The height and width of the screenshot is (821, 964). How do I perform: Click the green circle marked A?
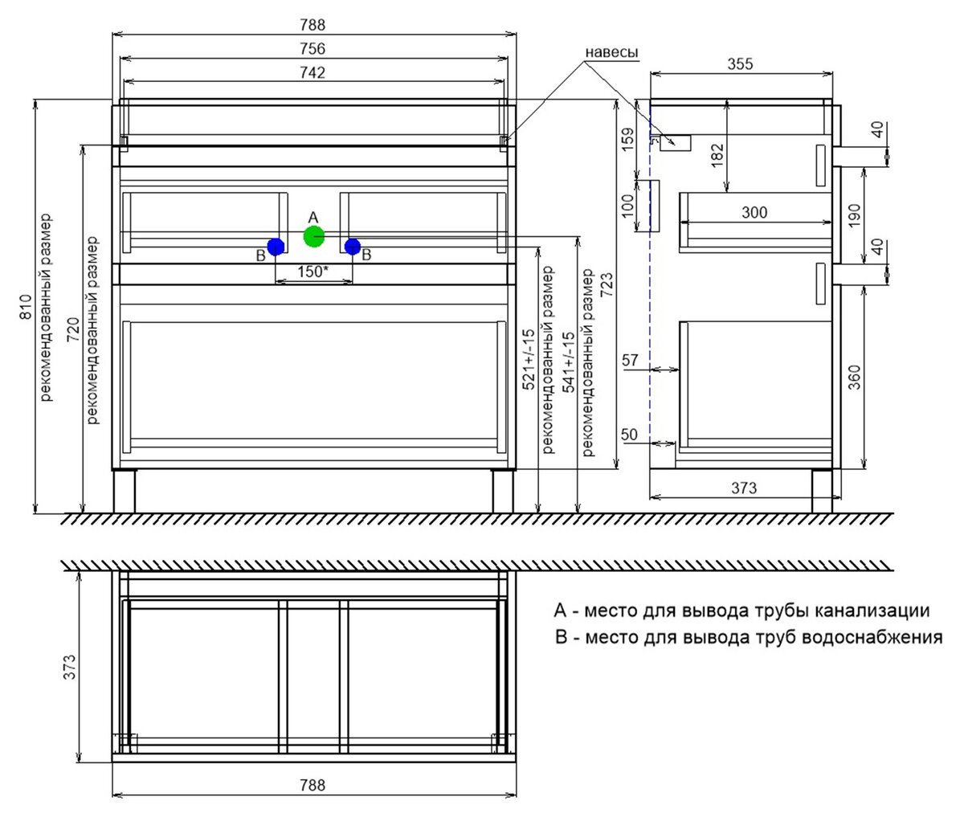click(314, 236)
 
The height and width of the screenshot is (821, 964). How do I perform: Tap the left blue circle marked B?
click(276, 247)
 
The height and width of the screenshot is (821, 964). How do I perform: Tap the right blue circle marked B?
click(353, 247)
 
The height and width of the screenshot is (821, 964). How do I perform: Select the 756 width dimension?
click(312, 48)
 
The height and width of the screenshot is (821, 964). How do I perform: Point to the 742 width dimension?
click(312, 73)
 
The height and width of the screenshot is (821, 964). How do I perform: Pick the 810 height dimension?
click(27, 307)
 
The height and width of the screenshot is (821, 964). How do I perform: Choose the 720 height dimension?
click(74, 329)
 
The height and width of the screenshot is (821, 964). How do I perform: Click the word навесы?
click(611, 52)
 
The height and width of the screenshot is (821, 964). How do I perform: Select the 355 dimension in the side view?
click(740, 64)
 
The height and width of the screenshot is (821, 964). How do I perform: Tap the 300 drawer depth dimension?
click(754, 212)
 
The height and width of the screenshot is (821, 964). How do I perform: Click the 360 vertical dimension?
click(855, 378)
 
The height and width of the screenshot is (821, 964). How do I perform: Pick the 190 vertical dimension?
click(855, 215)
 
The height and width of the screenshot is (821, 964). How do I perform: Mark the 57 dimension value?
click(630, 360)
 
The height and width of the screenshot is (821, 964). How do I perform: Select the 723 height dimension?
click(607, 285)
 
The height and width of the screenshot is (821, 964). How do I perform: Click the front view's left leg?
click(124, 491)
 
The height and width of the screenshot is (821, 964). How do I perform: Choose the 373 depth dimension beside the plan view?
click(69, 667)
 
